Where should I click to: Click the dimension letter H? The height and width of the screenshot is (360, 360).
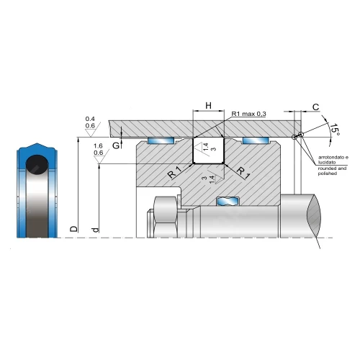(209, 105)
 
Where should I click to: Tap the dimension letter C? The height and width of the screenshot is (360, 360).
(316, 107)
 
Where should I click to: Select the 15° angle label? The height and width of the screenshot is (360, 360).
(335, 130)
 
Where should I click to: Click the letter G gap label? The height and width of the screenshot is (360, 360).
(116, 145)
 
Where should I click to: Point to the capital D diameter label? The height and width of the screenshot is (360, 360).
(74, 229)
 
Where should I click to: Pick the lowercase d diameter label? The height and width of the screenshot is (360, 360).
(96, 230)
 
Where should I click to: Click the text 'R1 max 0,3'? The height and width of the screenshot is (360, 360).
(248, 114)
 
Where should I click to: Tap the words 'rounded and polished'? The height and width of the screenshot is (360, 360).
(332, 171)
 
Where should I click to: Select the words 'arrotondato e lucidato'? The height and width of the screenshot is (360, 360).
(333, 160)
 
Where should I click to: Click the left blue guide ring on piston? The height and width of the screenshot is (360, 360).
(161, 140)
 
